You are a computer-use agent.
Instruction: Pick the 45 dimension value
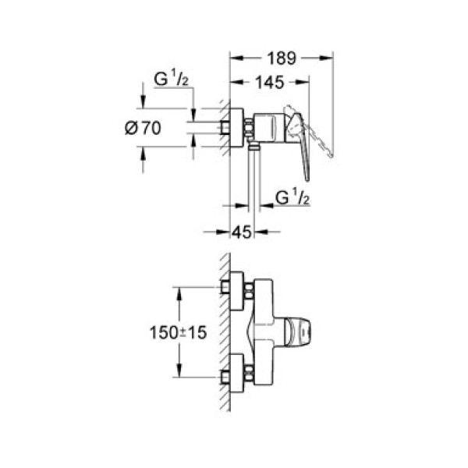(243, 231)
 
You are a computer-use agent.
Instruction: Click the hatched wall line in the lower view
(224, 328)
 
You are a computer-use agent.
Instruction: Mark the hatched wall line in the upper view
(225, 129)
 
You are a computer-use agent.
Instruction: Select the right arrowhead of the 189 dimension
(329, 57)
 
